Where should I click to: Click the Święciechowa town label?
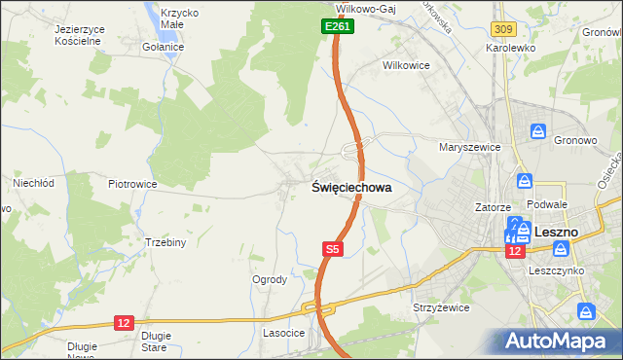(351, 188)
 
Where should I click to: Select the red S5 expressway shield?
(333, 250)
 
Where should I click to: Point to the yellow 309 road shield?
(503, 31)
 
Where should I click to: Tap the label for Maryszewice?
(469, 147)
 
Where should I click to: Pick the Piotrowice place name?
(132, 183)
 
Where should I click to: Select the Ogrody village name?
(270, 279)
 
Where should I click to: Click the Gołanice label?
(162, 47)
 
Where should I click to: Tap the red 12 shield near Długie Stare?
(123, 322)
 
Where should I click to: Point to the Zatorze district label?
(493, 207)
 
